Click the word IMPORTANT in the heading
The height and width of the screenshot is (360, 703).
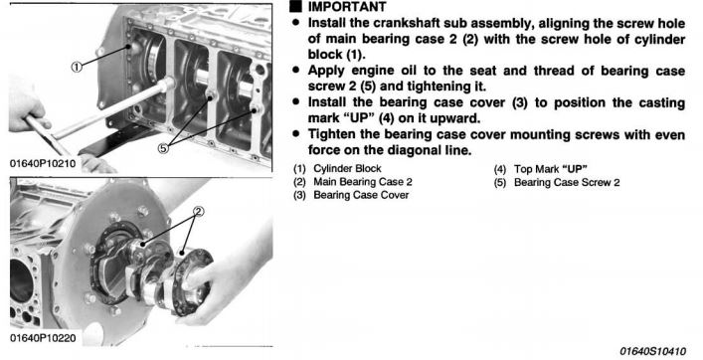(x=347, y=7)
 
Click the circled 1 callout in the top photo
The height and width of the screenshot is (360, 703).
(x=78, y=68)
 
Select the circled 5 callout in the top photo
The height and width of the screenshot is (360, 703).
(x=164, y=147)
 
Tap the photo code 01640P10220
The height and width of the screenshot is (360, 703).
(x=43, y=337)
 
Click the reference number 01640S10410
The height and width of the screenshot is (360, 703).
(x=652, y=351)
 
